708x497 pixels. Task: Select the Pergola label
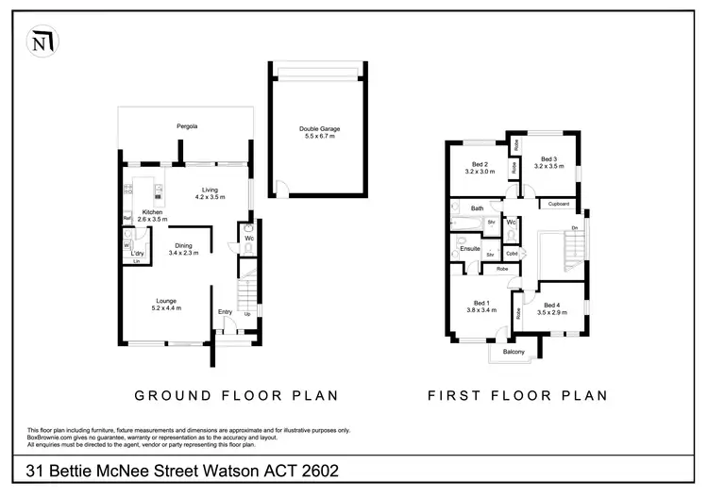[x=186, y=125]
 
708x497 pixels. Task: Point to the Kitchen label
[x=153, y=213]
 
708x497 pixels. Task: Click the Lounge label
[x=166, y=303]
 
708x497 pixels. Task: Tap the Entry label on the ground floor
[x=225, y=312]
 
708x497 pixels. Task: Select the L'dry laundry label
[x=137, y=254]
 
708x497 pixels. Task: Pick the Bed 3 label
[x=548, y=159]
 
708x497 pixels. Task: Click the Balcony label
[x=514, y=352]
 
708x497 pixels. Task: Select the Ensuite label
[x=470, y=248]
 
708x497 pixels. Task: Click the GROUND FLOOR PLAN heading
[x=236, y=395]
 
